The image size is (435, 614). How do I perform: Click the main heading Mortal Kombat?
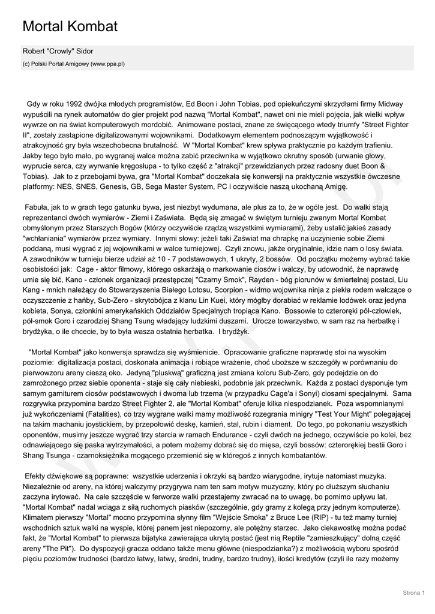point(70,26)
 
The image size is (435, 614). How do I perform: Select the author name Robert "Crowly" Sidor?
point(58,52)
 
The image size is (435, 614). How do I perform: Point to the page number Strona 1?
point(413,593)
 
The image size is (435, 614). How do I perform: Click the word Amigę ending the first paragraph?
point(335,186)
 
